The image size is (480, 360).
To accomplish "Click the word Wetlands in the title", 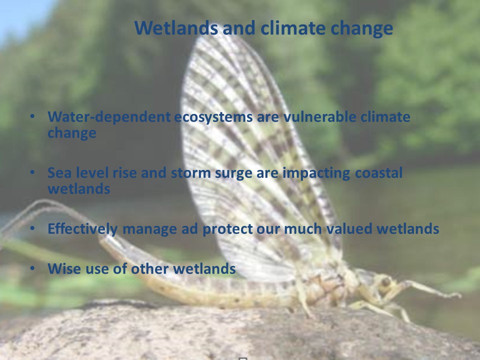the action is coord(176,28).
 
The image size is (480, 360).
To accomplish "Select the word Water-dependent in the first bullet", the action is coord(109,116).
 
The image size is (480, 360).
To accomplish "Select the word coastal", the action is coord(378,173).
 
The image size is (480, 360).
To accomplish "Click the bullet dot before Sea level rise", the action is coord(32,172).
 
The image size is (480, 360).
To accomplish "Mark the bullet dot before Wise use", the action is coord(32,268).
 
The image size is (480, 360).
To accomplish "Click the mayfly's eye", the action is coord(386,281).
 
